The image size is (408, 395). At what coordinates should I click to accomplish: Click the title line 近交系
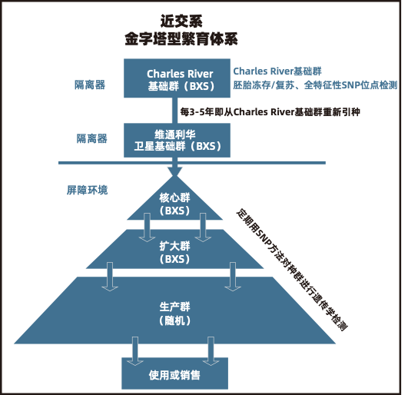pos(181,22)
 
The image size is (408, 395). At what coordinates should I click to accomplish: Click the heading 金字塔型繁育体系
pos(181,39)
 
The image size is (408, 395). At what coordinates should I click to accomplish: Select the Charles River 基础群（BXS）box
pos(177,78)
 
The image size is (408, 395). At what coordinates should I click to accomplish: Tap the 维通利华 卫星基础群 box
pos(177,141)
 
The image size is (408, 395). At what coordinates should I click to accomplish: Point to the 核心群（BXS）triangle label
pos(175,204)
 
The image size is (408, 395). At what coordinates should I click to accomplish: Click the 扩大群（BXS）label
pos(175,252)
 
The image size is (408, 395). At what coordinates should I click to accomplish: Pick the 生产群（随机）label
pos(175,314)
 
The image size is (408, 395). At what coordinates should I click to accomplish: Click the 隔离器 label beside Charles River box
pos(90,85)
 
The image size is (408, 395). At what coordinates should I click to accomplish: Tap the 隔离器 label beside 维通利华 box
pos(92,138)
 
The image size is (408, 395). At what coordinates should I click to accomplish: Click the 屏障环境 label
pos(87,191)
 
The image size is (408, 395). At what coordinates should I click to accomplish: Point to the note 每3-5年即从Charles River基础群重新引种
pos(270,112)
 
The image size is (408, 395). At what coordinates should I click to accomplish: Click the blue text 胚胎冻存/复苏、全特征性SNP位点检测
pos(315,85)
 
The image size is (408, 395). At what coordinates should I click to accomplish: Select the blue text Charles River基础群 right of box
pos(277,71)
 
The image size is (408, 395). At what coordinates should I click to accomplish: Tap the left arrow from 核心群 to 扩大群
pos(147,227)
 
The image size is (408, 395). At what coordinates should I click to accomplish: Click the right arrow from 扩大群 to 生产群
pos(233,277)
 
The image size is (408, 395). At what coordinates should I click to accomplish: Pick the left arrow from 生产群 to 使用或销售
pos(134,351)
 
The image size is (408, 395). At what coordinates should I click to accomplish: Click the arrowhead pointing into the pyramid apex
pos(175,171)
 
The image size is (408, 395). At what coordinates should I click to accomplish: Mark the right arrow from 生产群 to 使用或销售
pos(211,351)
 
